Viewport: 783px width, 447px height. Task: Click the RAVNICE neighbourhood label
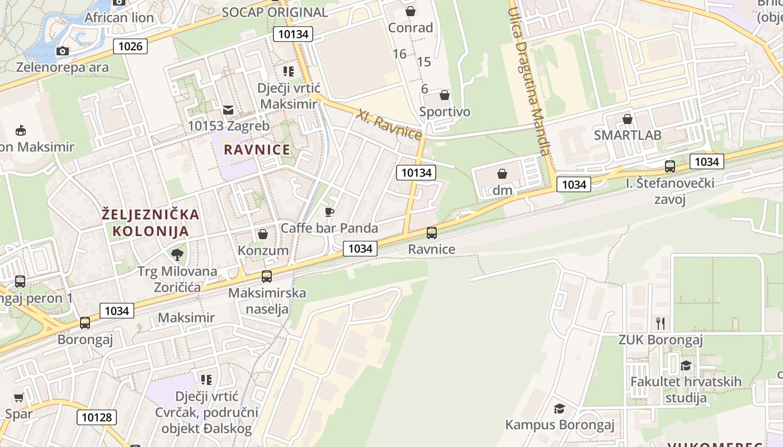[x=257, y=150]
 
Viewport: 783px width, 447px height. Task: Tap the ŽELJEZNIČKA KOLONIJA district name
[x=150, y=222]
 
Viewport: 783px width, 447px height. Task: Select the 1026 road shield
[x=130, y=46]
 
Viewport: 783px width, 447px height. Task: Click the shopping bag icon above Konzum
[x=262, y=234]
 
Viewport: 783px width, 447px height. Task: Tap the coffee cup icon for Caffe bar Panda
[x=329, y=212]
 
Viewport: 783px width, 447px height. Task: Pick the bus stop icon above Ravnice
[x=432, y=233]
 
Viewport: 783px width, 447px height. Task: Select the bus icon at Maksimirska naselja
[x=267, y=276]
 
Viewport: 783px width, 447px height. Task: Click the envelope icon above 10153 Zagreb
[x=228, y=110]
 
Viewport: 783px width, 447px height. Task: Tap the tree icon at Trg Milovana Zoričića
[x=177, y=255]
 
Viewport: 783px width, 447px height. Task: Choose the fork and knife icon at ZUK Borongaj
[x=661, y=323]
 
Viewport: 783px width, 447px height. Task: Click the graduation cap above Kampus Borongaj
[x=559, y=408]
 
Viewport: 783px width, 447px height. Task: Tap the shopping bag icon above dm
[x=502, y=174]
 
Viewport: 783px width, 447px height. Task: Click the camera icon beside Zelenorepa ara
[x=63, y=51]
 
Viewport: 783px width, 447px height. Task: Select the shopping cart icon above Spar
[x=19, y=398]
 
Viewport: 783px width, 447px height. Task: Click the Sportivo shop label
[x=445, y=112]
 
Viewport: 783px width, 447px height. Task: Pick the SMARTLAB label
[x=628, y=135]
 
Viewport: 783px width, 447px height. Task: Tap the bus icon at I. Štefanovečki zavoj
[x=669, y=166]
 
